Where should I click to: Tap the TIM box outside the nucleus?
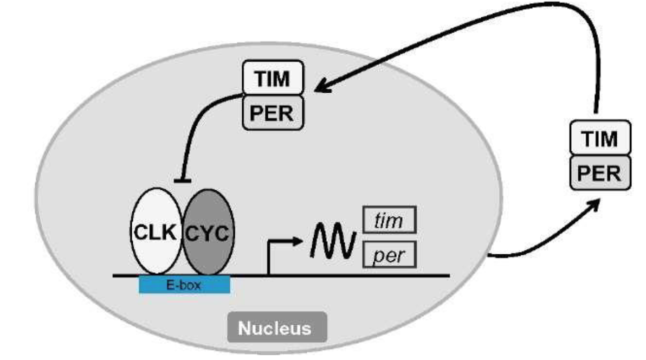click(600, 139)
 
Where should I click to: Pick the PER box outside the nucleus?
click(600, 173)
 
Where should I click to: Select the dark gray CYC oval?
click(208, 232)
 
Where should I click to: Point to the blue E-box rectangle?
click(184, 285)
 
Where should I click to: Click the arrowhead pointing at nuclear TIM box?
click(320, 88)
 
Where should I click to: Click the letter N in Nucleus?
click(244, 328)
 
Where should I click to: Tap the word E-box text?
click(184, 285)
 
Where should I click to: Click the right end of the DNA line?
click(448, 276)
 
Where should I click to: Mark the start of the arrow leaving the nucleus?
click(490, 254)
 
